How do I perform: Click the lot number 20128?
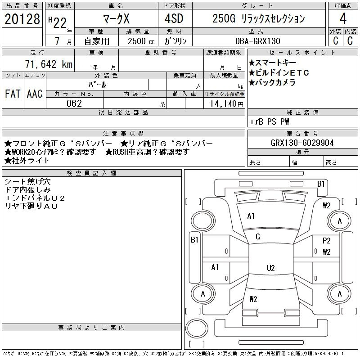(x=22, y=19)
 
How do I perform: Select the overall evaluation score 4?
(x=343, y=18)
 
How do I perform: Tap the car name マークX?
(x=117, y=18)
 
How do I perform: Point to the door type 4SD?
(x=174, y=18)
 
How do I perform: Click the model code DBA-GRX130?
(x=257, y=41)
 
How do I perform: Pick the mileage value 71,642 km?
(x=49, y=64)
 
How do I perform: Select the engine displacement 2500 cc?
(x=141, y=41)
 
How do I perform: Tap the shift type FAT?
(x=13, y=94)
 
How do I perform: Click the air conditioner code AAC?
(x=35, y=94)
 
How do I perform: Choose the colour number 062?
(x=74, y=103)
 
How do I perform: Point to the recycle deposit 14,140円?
(x=227, y=103)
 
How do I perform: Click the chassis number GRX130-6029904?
(x=302, y=143)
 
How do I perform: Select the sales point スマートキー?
(x=273, y=63)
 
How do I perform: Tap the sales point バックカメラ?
(x=272, y=82)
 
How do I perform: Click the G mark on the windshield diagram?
(x=258, y=237)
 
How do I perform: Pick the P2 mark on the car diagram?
(x=327, y=241)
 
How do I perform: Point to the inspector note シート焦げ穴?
(x=27, y=182)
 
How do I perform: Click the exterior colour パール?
(x=97, y=85)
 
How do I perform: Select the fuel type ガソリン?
(x=175, y=41)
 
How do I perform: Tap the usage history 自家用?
(x=97, y=41)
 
